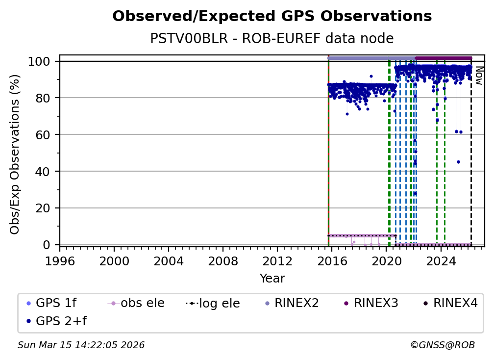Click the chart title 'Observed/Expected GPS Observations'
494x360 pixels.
click(x=272, y=17)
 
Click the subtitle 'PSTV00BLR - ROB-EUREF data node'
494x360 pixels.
click(x=272, y=39)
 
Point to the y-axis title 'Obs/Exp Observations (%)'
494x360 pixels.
click(x=15, y=154)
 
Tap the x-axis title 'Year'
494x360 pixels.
click(x=272, y=279)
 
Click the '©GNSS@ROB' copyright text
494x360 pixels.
click(x=443, y=345)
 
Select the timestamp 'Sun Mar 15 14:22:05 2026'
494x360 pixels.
click(x=81, y=345)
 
